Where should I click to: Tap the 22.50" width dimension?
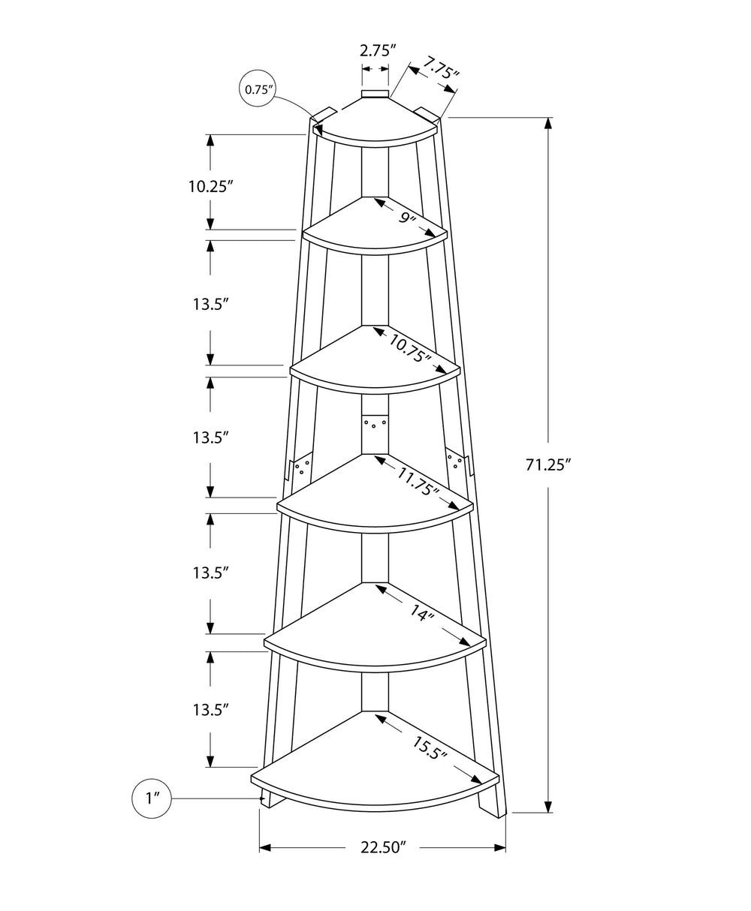[383, 848]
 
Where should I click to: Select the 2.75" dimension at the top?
[378, 51]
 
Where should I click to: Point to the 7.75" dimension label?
[440, 69]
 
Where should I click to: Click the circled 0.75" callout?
[258, 90]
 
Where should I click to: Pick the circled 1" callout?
[152, 798]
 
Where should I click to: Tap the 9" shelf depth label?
[406, 218]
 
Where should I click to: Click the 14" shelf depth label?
[423, 615]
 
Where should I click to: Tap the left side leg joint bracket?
[300, 468]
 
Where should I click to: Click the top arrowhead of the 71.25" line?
[549, 124]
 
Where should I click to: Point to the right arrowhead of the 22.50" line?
[500, 848]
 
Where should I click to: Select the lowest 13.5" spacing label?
[210, 709]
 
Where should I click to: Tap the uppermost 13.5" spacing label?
[210, 304]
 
